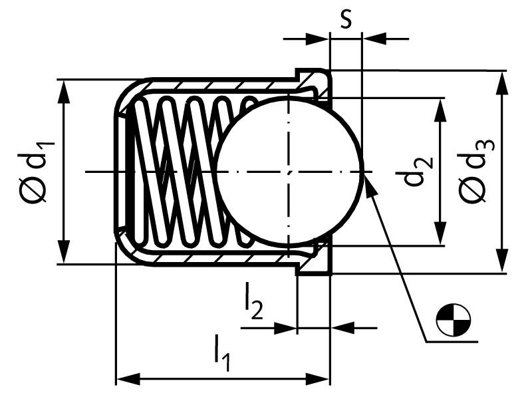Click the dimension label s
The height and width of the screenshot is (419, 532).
346,19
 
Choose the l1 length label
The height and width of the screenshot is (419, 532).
222,353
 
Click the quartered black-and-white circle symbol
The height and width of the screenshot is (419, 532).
454,320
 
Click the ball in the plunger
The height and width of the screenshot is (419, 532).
289,172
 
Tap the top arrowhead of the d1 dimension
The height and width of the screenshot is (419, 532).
63,92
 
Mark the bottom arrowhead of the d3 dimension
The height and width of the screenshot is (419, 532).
501,261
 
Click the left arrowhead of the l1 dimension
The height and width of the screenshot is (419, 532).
128,379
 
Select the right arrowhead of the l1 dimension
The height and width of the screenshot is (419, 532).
318,379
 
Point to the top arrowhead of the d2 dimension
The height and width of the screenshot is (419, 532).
440,110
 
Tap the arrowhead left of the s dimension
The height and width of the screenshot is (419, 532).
317,39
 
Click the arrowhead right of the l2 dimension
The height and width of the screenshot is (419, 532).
342,328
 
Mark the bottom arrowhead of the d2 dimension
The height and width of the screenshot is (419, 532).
440,233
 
